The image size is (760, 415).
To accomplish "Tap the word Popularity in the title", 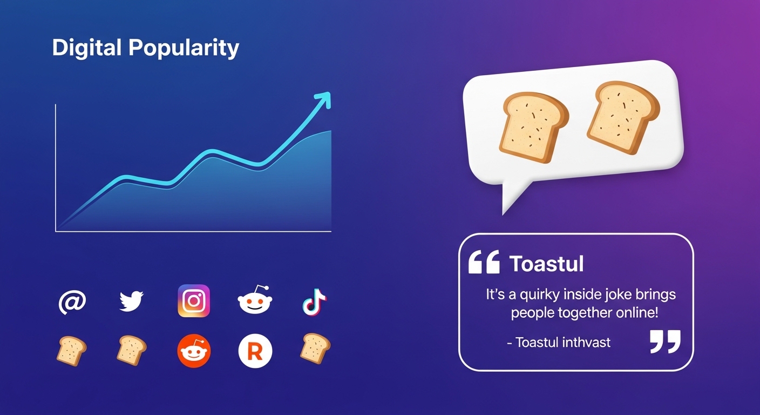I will point(184,49).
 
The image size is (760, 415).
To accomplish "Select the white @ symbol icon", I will point(72,302).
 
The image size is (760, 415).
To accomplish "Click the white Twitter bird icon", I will point(131,301).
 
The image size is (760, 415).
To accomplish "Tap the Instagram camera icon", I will point(194,301).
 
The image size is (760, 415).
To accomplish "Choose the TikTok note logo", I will point(314,302).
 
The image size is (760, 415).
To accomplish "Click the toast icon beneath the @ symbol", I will point(71,350).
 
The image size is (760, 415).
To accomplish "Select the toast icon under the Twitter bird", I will point(131,350).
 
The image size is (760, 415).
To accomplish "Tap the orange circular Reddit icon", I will point(194,352).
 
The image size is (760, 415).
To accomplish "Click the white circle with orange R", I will point(255,352).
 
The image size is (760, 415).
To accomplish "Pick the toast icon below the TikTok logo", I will point(315,347).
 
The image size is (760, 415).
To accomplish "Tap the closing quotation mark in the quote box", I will point(665,342).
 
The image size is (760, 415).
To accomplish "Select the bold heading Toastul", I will point(546,264).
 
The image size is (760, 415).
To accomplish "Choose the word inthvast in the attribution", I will point(586,342).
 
